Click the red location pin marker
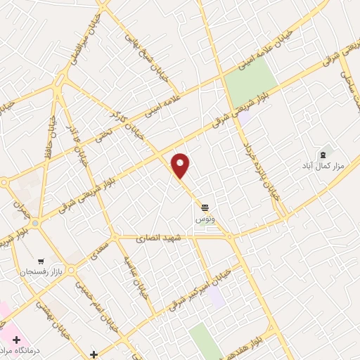[181, 165]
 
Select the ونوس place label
[205, 219]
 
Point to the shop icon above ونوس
[205, 207]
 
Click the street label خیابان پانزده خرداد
[262, 169]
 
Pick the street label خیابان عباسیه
[136, 276]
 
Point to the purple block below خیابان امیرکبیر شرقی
[217, 296]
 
